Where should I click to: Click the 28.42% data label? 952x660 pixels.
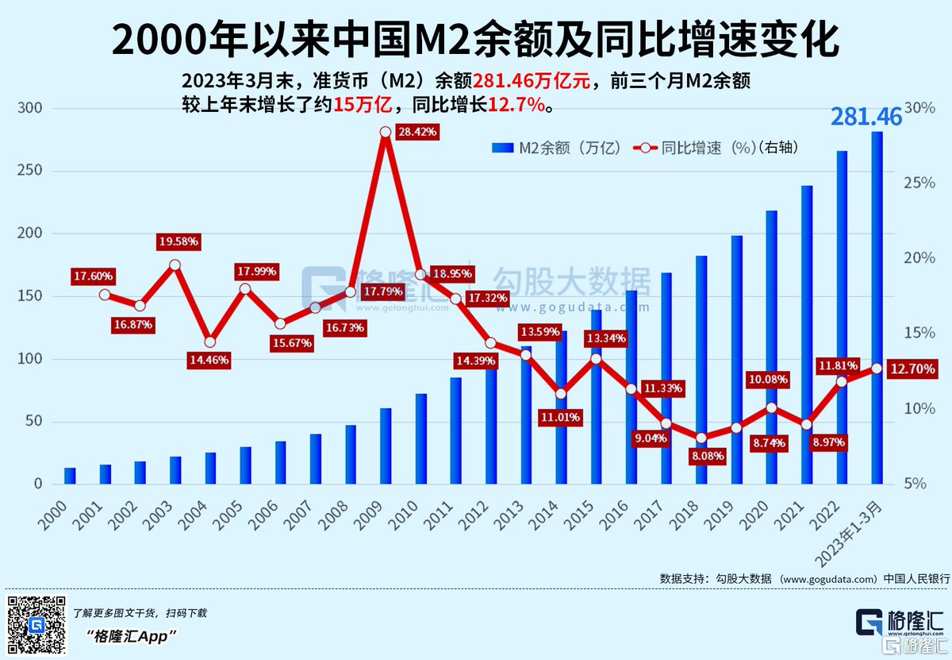point(417,132)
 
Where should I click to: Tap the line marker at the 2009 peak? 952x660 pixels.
point(386,133)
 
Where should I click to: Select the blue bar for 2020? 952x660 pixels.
point(771,347)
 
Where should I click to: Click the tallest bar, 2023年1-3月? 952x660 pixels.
point(877,307)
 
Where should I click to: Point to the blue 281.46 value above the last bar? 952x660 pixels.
point(866,117)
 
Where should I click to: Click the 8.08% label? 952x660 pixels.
point(708,457)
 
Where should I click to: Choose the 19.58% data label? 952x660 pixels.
point(178,241)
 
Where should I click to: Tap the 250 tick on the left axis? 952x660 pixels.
point(30,171)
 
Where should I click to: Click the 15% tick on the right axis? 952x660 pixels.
point(919,333)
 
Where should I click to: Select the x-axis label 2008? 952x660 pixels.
point(332,515)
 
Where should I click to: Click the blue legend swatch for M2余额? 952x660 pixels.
point(502,148)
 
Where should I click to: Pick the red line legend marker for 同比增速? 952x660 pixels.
point(645,148)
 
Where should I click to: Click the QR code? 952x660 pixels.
point(36,625)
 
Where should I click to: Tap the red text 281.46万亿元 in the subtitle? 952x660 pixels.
point(532,81)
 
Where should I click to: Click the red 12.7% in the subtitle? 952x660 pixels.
point(516,104)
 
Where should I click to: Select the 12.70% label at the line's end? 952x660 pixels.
point(912,369)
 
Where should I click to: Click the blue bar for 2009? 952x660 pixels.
point(386,446)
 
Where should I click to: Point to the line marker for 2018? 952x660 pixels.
point(701,438)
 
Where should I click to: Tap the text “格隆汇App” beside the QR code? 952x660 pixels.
point(132,637)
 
